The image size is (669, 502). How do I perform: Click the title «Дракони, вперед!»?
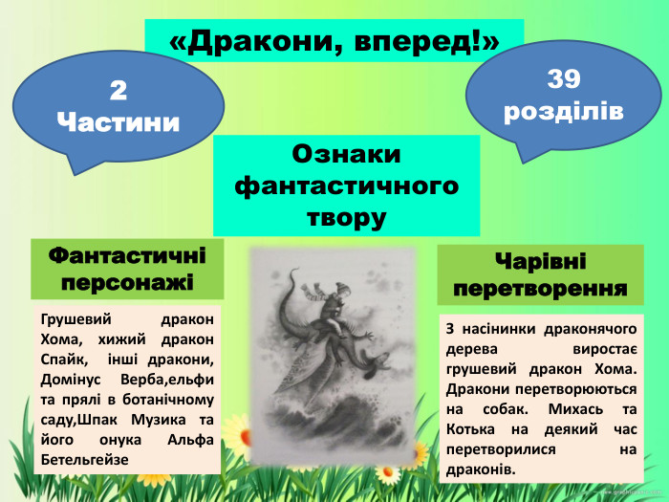pos(334,41)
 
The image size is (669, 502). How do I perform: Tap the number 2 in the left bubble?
pos(118,91)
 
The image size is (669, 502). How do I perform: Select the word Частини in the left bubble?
pos(118,121)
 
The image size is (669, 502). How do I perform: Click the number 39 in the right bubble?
pos(563,79)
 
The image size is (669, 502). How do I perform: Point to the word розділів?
pos(563,111)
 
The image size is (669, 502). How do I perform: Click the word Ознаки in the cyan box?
pos(345,154)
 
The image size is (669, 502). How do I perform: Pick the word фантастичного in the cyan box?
pos(345,185)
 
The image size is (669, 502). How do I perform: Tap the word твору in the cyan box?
pos(345,216)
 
